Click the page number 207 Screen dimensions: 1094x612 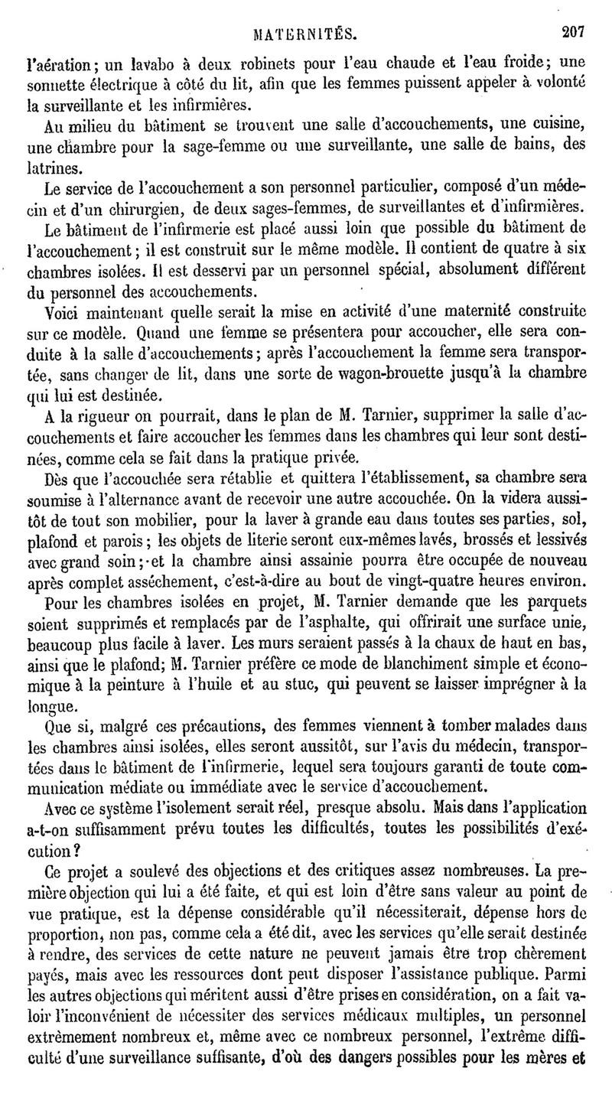(x=571, y=33)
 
